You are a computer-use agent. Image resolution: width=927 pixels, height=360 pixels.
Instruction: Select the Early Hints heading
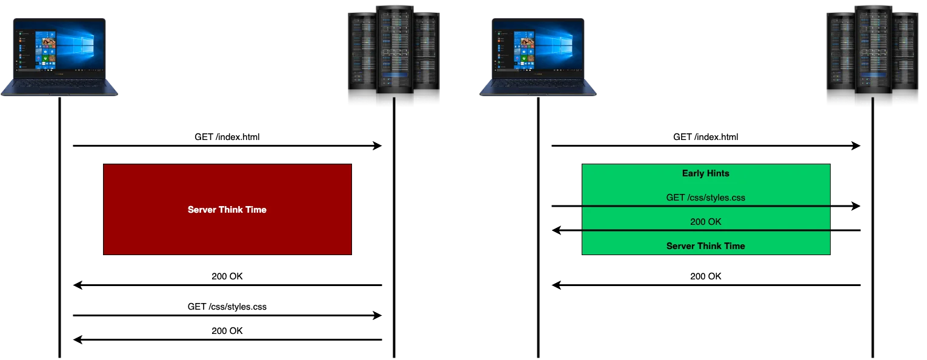(705, 173)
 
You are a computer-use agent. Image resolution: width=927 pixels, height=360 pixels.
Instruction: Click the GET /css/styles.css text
(705, 198)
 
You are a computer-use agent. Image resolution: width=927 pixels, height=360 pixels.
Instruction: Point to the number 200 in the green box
(699, 222)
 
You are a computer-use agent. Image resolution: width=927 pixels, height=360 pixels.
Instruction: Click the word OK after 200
(715, 222)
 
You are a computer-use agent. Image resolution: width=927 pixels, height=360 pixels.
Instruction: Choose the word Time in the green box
(734, 246)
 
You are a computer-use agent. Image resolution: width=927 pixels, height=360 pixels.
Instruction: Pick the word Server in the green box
(681, 246)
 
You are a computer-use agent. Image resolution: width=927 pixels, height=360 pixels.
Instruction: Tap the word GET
(676, 198)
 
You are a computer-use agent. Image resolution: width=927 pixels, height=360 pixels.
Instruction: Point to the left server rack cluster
(392, 55)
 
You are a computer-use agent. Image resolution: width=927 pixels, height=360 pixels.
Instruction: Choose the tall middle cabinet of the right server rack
(873, 55)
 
